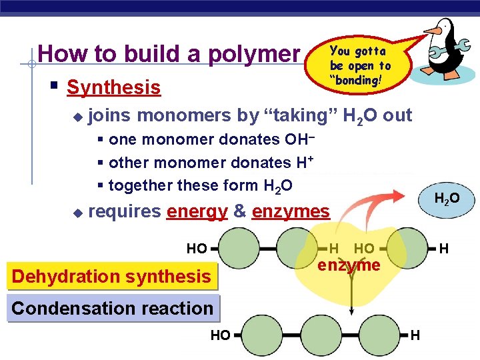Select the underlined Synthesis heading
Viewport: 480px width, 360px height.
114,87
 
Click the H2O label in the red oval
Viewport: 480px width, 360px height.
446,199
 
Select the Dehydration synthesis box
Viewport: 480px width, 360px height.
112,276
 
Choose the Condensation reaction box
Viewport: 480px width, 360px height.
112,309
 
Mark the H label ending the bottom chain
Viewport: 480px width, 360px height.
415,335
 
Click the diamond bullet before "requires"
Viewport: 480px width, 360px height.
77,213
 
